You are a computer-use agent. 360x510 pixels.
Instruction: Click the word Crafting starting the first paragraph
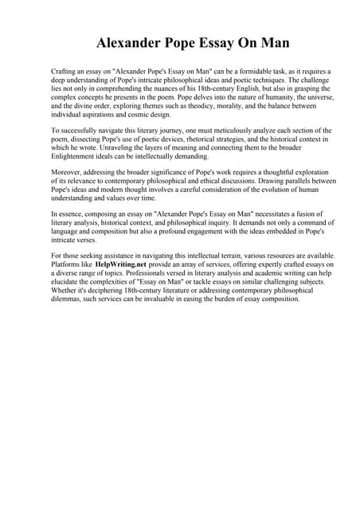coord(64,72)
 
